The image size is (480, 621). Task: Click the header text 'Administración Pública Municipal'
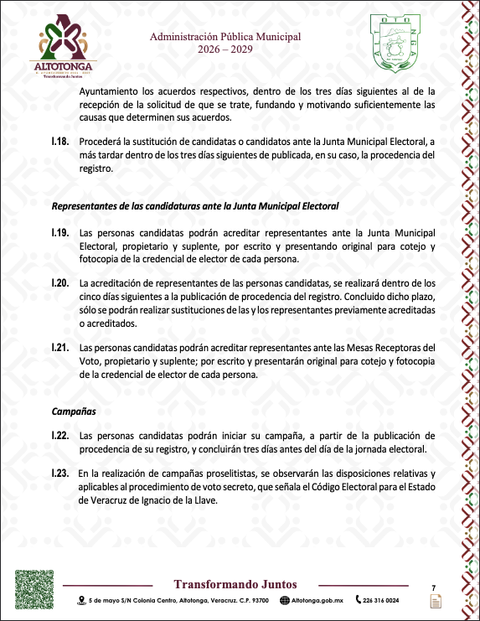(x=225, y=37)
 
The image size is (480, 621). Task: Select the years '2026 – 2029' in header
(x=225, y=49)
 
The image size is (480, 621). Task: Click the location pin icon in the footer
(x=81, y=600)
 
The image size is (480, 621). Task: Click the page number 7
(x=434, y=587)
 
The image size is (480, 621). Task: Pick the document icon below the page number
(x=435, y=602)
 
